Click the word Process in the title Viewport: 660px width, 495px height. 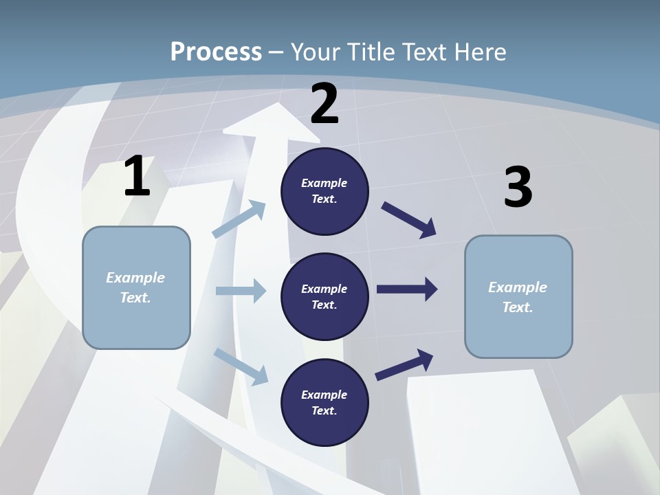[x=216, y=52]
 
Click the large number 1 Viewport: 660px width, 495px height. [x=137, y=177]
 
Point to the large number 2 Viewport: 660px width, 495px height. [x=324, y=104]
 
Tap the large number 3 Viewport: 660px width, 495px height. [x=518, y=188]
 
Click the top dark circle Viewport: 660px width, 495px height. [x=324, y=191]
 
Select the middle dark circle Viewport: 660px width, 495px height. [x=324, y=296]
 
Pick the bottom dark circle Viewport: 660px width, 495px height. [x=324, y=402]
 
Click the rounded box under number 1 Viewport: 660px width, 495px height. [x=136, y=287]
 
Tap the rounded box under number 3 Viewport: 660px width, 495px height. [x=518, y=297]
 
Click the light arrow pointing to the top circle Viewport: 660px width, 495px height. [x=239, y=219]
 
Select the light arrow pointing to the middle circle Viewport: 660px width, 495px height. [x=241, y=291]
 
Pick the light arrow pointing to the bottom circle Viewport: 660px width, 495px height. [x=241, y=366]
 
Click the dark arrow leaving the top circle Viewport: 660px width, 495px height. [x=408, y=219]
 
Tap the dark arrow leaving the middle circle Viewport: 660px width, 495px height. [x=407, y=289]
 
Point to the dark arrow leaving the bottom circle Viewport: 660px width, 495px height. [x=404, y=364]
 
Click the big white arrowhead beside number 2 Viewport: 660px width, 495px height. [x=267, y=121]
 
